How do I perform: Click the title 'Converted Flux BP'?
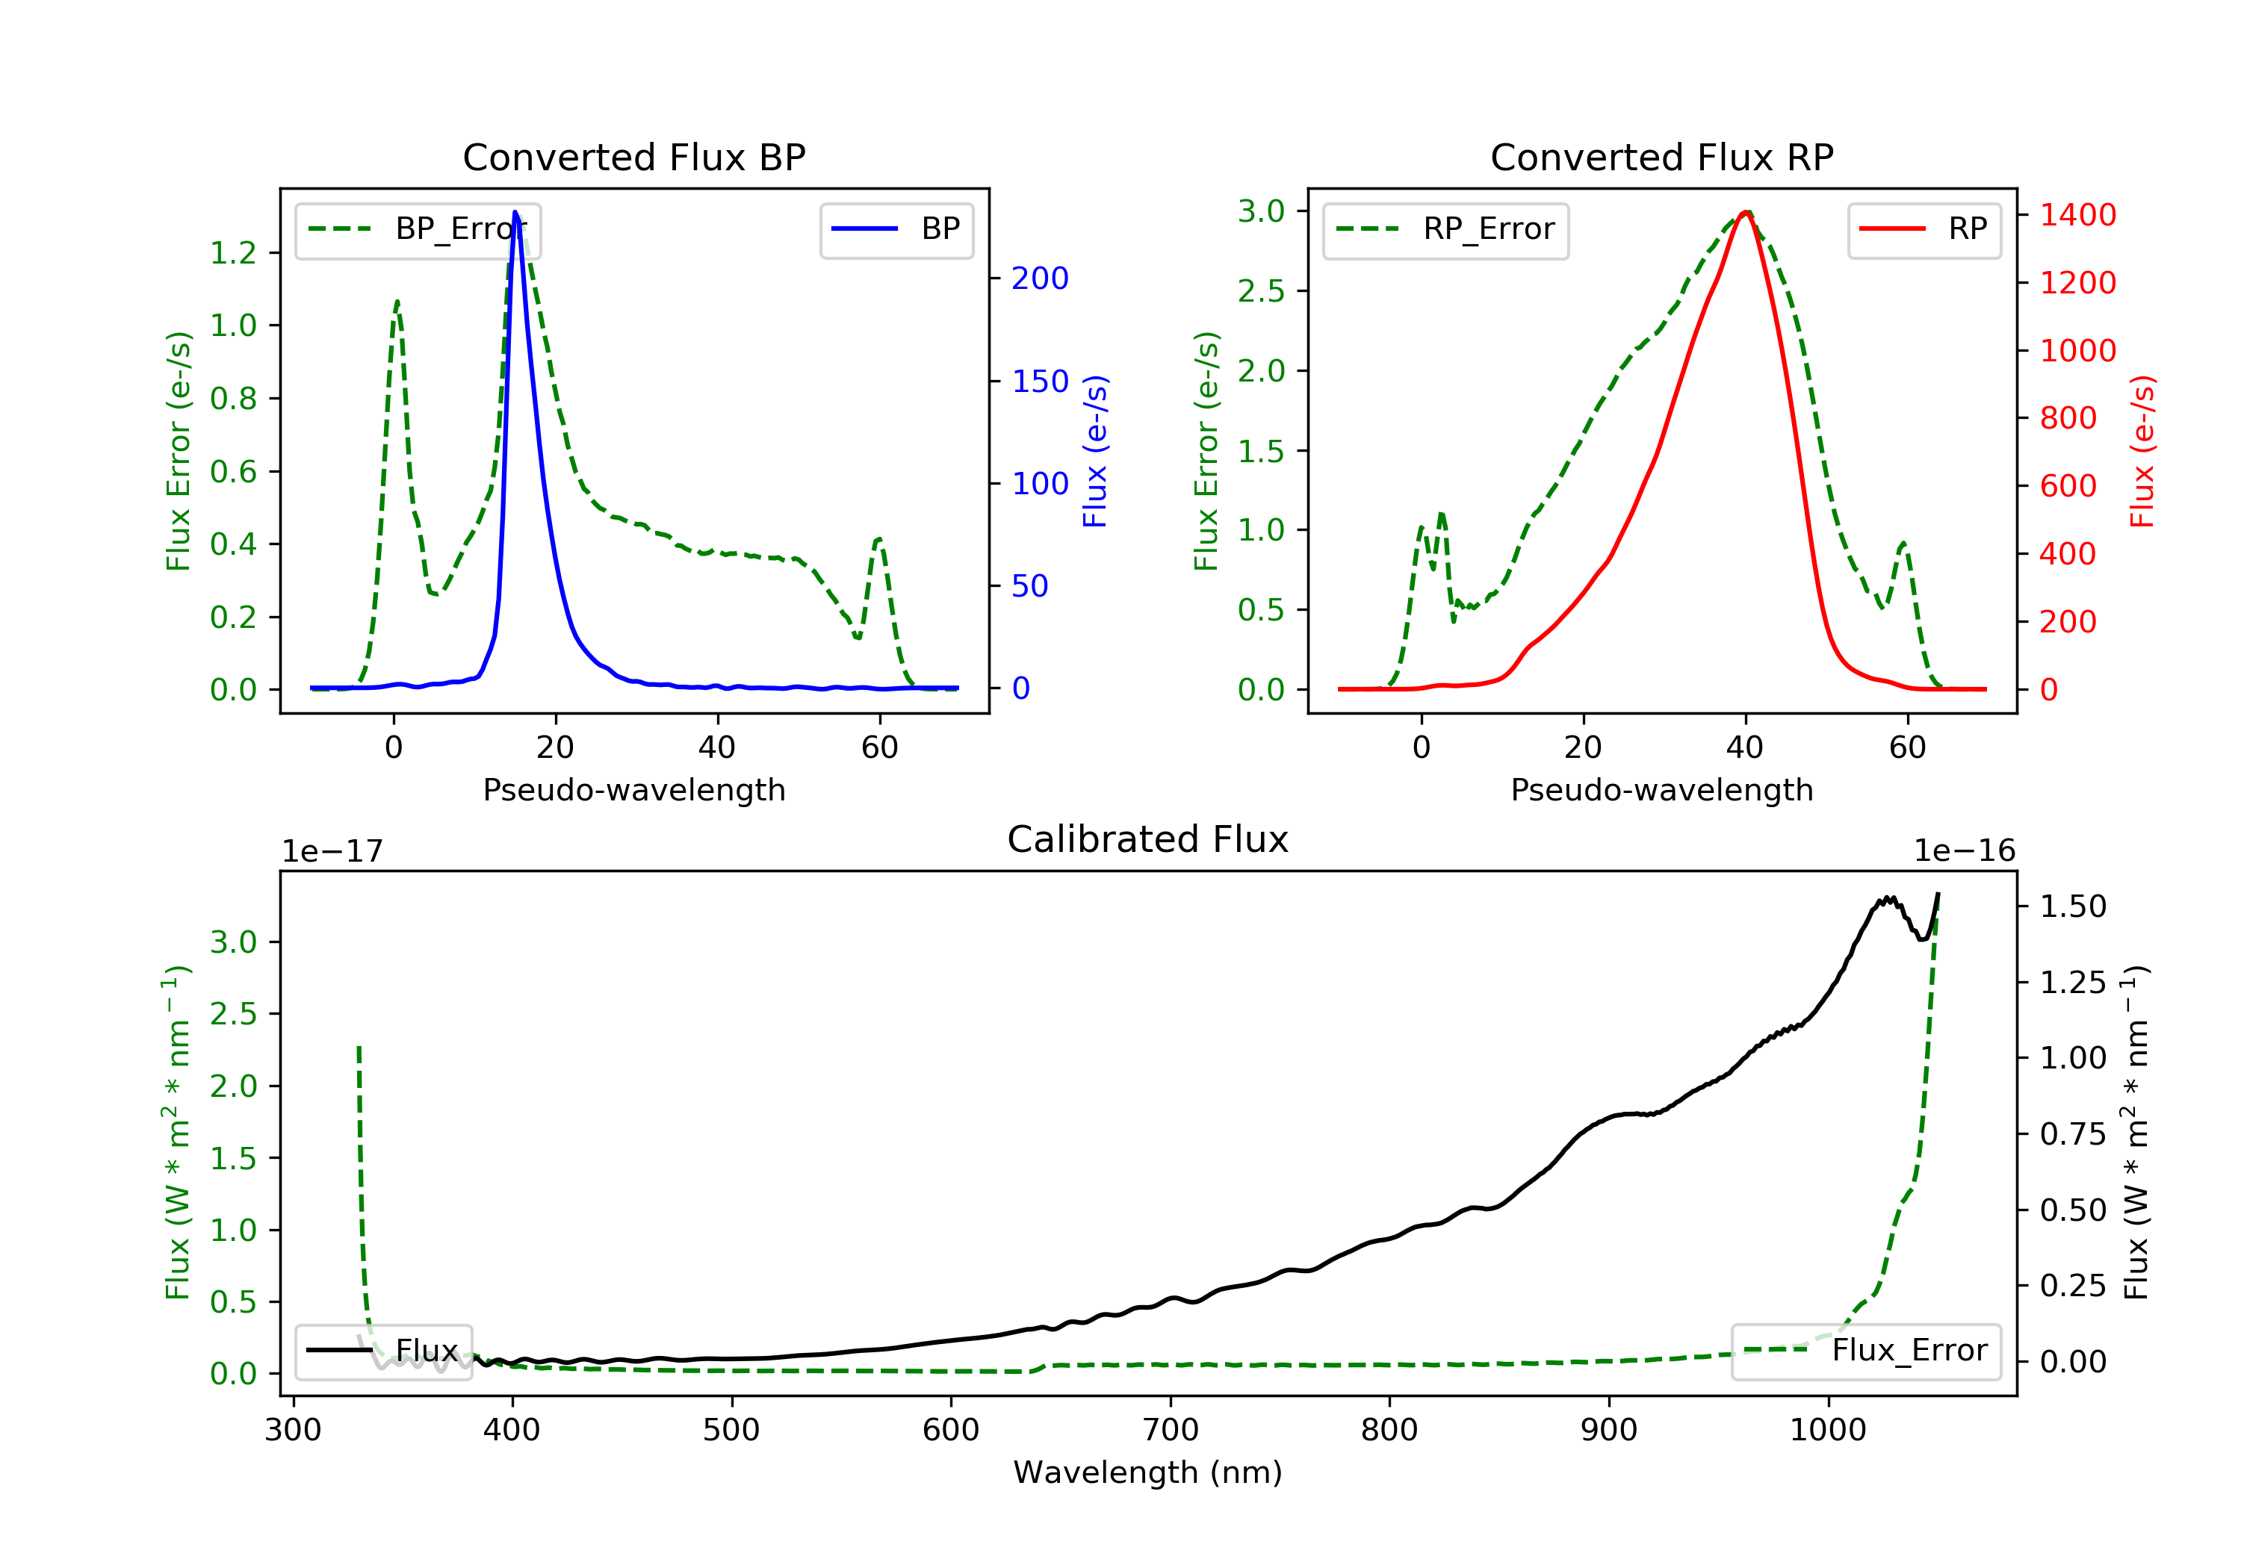click(x=634, y=157)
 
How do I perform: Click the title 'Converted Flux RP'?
click(x=1662, y=157)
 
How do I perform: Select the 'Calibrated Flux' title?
click(x=1148, y=839)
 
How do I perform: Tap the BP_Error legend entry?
click(x=418, y=229)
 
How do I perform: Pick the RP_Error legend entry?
click(x=1445, y=229)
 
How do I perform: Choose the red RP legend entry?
click(x=1924, y=229)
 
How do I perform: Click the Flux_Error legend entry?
click(x=1866, y=1351)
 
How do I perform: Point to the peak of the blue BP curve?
click(x=515, y=212)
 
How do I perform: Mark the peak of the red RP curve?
click(x=1746, y=212)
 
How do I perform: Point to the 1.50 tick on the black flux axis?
click(x=2073, y=906)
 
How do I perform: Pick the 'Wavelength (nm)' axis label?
click(x=1148, y=1472)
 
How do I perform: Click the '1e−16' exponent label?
click(x=1964, y=851)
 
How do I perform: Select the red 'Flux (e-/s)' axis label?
click(x=2143, y=451)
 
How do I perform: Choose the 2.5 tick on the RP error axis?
click(x=1261, y=290)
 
